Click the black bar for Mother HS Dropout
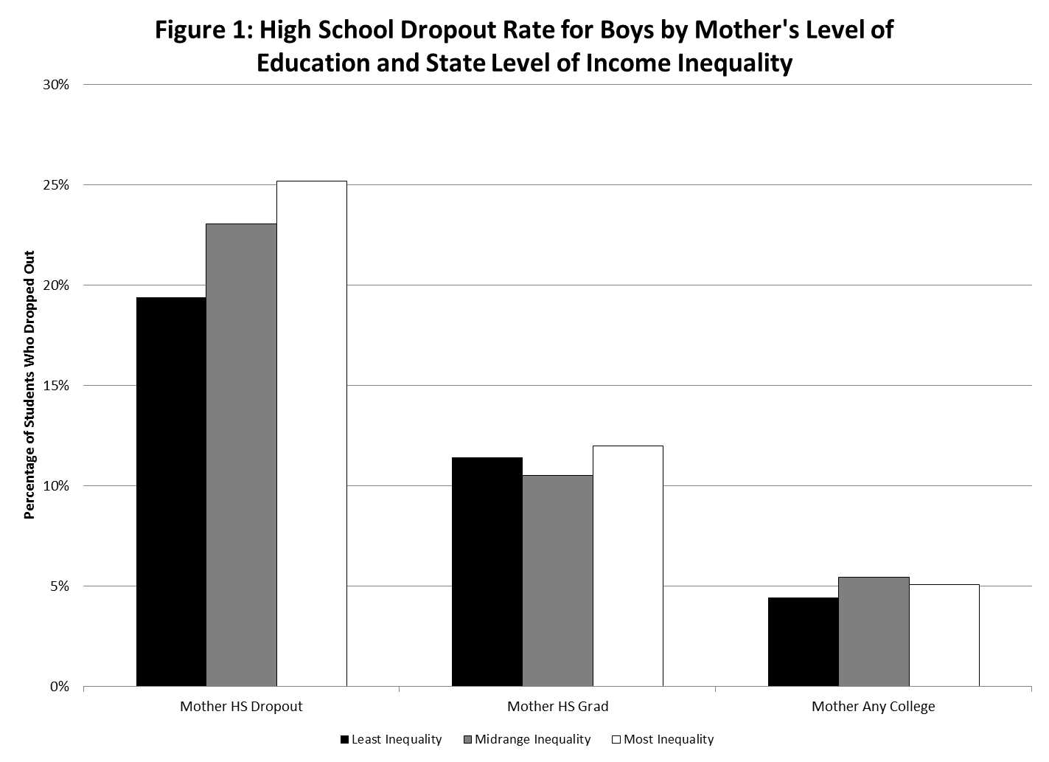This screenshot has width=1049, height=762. tap(171, 492)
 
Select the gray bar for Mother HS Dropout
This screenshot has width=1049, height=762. tap(241, 455)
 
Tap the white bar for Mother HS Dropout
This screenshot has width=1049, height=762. tap(311, 434)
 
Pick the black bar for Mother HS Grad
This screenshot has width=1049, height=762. tap(487, 572)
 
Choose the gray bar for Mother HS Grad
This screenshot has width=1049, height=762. tap(557, 581)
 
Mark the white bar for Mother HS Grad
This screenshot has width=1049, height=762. tap(627, 566)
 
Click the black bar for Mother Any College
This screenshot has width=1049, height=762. tap(803, 642)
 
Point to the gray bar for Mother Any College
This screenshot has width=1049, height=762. tap(874, 631)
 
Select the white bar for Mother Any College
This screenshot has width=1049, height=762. tap(944, 635)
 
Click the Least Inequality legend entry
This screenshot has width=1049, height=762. tap(391, 739)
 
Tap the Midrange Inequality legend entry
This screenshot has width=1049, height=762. tap(526, 739)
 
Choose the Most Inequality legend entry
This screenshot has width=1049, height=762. tap(663, 739)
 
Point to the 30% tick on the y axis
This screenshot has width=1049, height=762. tap(56, 85)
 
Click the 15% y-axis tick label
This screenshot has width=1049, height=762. tap(56, 386)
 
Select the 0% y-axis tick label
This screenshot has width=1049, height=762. tap(60, 687)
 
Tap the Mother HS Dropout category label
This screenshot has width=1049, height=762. tap(241, 707)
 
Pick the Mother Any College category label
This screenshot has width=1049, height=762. tap(873, 707)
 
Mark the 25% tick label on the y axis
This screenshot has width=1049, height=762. tap(56, 185)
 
